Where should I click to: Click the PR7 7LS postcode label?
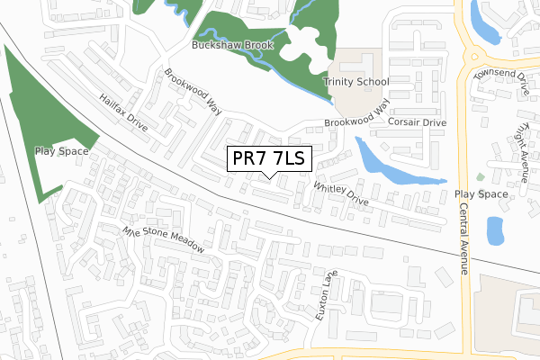(268, 159)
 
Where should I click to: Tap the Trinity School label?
(356, 82)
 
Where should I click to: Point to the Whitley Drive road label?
(341, 193)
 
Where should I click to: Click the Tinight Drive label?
(519, 144)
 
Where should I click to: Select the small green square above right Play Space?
(480, 176)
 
